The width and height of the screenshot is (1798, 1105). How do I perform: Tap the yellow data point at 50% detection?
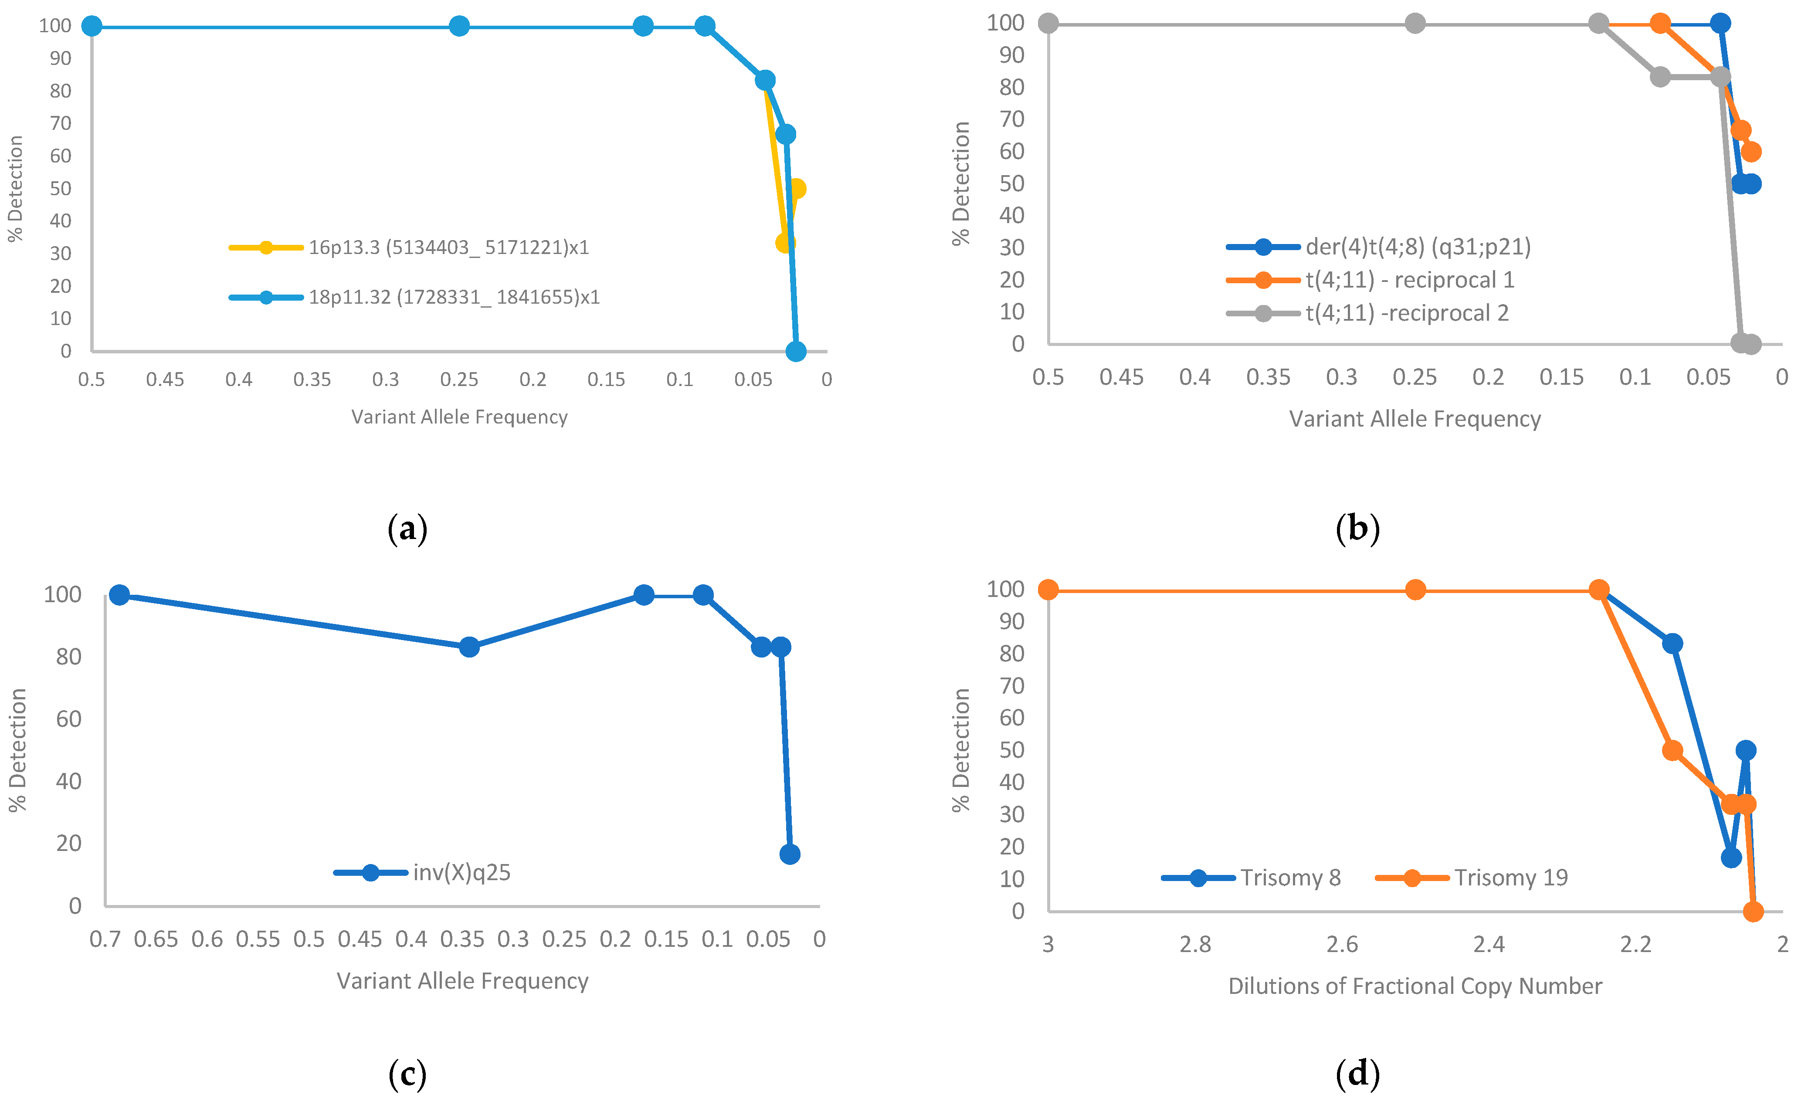(797, 189)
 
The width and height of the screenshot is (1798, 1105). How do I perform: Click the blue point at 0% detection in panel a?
(796, 352)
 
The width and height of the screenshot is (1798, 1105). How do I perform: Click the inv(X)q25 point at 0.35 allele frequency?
(469, 647)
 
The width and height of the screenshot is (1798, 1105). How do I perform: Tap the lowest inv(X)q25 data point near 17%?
(789, 854)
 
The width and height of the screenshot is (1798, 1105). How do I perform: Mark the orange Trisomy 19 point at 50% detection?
(1672, 751)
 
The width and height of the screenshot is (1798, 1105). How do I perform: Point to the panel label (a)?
(407, 529)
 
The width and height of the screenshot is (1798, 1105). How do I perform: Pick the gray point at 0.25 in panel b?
(1415, 24)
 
